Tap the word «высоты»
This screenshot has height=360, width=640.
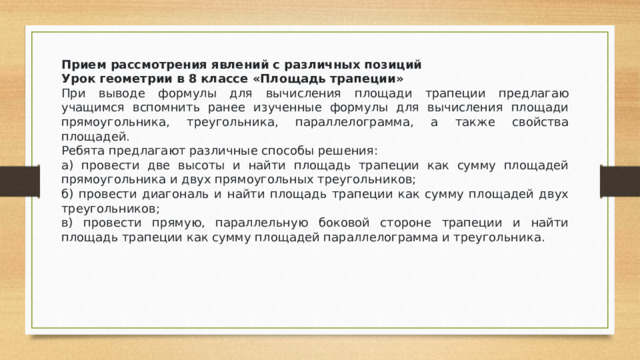click(x=217, y=167)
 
